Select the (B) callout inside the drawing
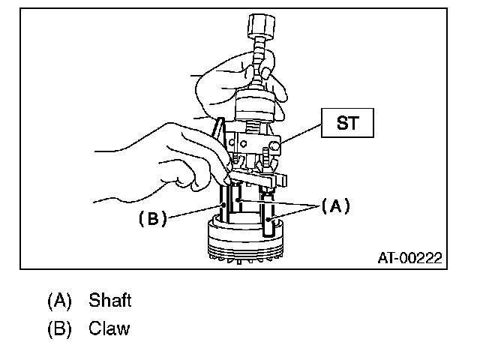click(x=151, y=219)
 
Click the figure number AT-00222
click(x=409, y=259)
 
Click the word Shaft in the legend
click(x=109, y=301)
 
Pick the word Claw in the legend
click(x=109, y=328)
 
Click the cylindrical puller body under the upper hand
click(x=255, y=105)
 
